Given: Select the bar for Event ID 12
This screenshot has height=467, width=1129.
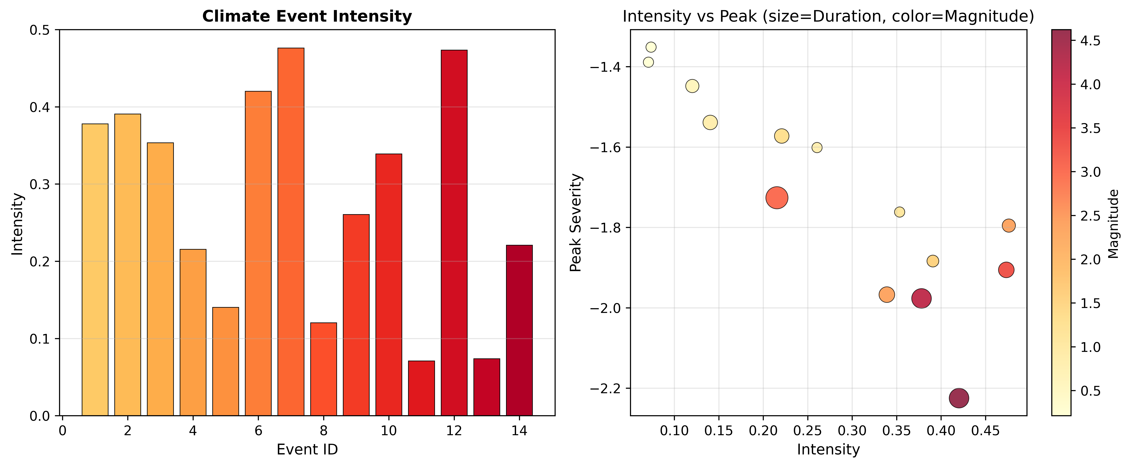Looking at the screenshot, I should click(x=454, y=232).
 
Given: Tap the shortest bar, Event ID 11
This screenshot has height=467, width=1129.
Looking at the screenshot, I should click(x=421, y=388).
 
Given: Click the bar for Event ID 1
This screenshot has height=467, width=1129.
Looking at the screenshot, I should click(x=95, y=269).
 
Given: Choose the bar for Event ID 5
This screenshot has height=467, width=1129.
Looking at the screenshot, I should click(x=225, y=361).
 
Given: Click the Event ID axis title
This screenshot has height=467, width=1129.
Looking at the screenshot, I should click(x=307, y=450).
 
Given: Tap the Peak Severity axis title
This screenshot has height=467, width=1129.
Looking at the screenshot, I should click(x=575, y=223).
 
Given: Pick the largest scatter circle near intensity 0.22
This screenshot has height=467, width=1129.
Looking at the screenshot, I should click(x=777, y=198).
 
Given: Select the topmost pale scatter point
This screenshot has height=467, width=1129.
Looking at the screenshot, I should click(x=651, y=47).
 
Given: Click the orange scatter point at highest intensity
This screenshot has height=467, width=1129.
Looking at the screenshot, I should click(x=1008, y=226).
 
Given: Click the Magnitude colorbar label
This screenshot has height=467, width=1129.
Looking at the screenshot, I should click(x=1113, y=223).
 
